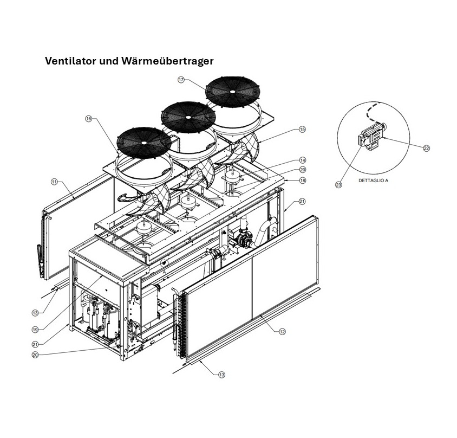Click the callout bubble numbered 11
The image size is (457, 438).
[x=54, y=182]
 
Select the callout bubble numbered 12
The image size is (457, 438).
[x=283, y=331]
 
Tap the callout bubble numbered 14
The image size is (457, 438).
[x=303, y=160]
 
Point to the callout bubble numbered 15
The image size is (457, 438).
[x=302, y=130]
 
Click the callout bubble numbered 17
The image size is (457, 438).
[x=181, y=80]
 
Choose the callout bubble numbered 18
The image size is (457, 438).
[x=302, y=180]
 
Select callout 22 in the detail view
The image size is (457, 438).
[x=426, y=148]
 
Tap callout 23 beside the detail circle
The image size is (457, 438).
[x=338, y=185]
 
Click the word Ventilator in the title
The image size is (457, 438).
[x=69, y=61]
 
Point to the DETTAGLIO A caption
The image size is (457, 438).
[x=373, y=181]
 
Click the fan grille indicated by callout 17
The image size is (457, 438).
[x=232, y=91]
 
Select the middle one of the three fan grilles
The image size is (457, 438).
[x=188, y=116]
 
